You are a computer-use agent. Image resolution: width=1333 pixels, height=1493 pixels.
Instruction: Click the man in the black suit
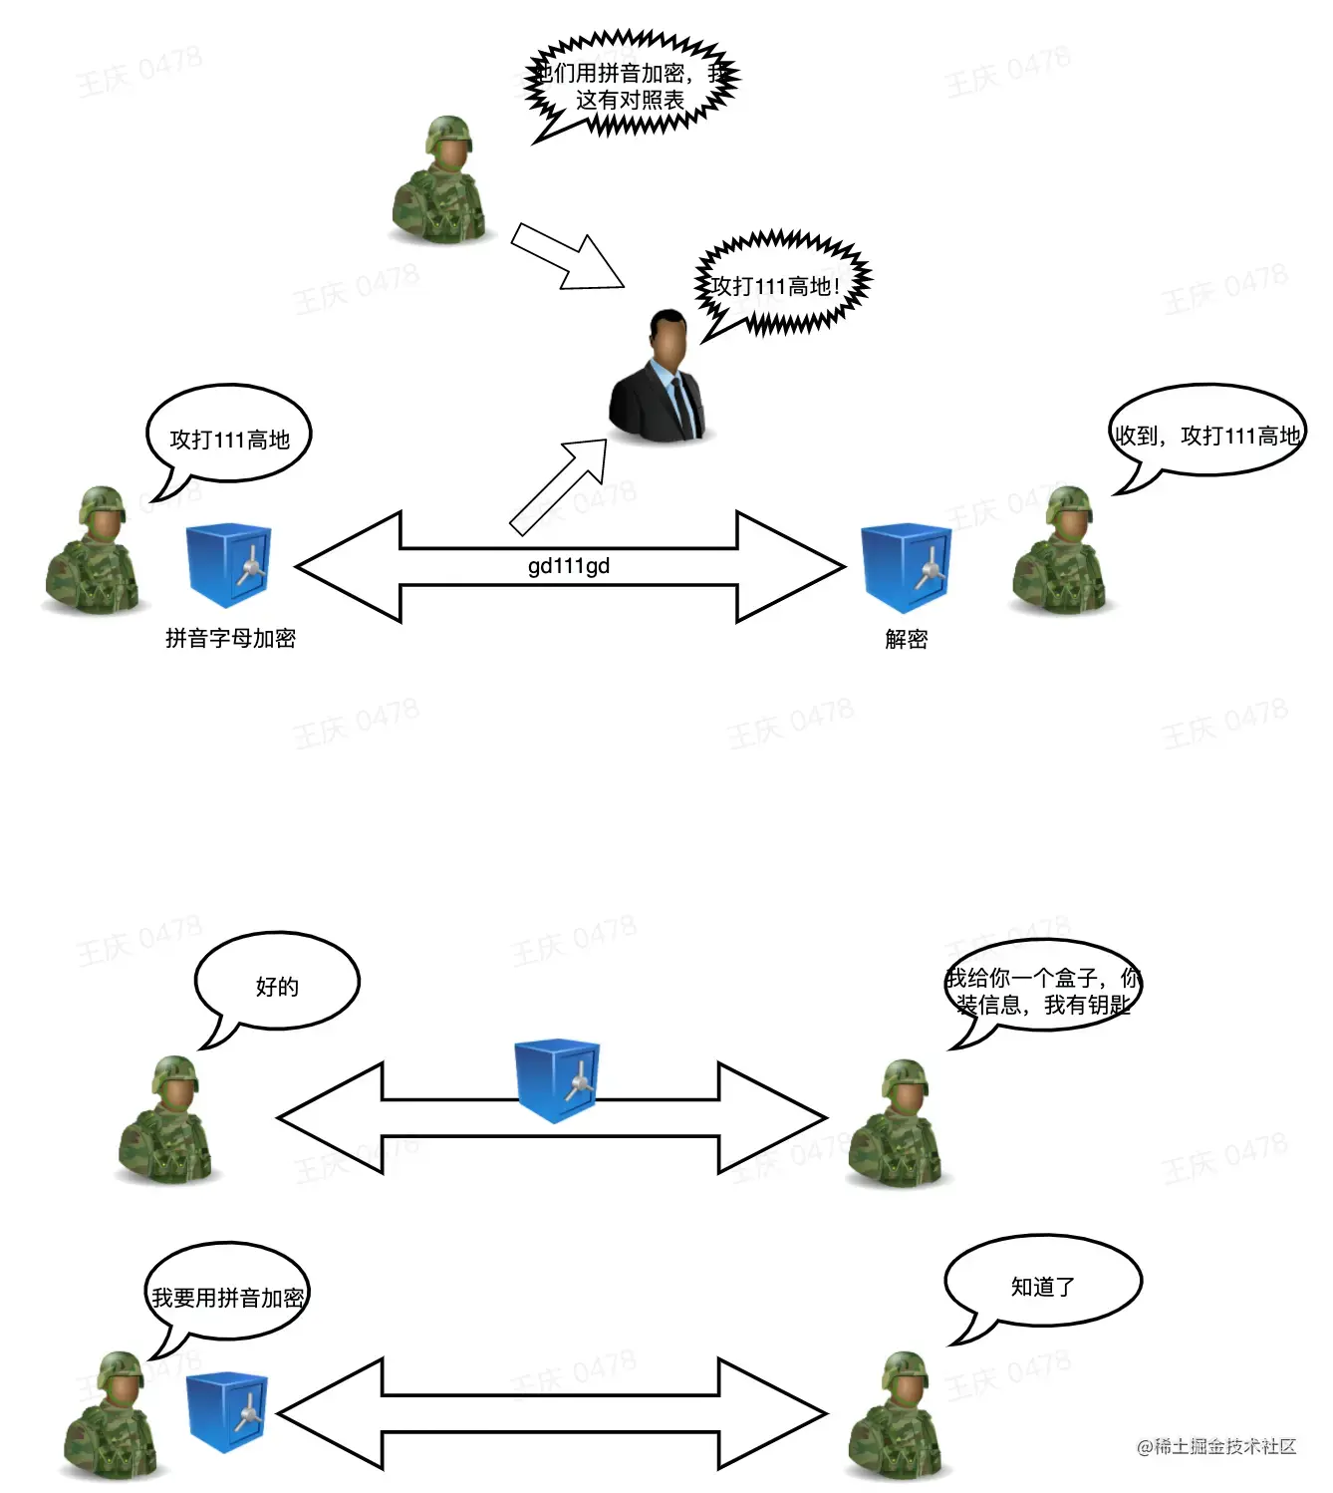tap(659, 378)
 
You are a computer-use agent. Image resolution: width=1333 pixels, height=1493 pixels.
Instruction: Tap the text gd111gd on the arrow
tap(568, 566)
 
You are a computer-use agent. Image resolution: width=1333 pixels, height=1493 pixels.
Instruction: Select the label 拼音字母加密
tap(230, 638)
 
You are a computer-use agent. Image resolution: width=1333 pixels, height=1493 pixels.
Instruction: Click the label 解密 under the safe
tap(906, 639)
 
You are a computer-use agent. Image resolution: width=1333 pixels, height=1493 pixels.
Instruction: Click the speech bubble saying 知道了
tap(1042, 1285)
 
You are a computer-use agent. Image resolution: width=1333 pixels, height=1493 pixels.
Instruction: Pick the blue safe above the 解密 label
tap(906, 566)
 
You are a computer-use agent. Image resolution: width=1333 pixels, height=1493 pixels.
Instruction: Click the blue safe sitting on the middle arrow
tap(557, 1080)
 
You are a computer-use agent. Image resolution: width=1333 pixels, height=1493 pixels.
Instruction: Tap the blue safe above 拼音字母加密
tap(228, 566)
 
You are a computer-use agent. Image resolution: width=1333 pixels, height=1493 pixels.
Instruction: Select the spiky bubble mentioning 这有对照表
tap(631, 86)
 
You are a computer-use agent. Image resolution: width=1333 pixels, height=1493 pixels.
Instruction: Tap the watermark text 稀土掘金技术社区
tap(1216, 1446)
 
